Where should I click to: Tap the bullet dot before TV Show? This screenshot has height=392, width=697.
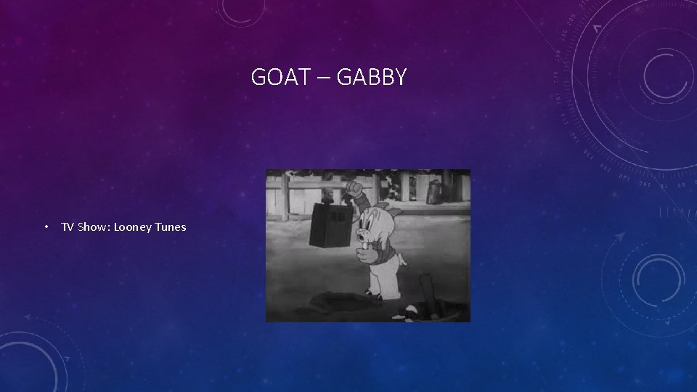(x=45, y=227)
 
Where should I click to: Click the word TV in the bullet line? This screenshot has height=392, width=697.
(x=68, y=227)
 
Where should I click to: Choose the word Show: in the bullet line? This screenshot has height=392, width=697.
(x=94, y=227)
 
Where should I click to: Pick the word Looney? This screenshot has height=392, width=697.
(x=134, y=227)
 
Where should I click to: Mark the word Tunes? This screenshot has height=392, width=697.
(x=171, y=227)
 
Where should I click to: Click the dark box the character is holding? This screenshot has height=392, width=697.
(x=330, y=224)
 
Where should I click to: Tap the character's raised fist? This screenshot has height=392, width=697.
(x=354, y=189)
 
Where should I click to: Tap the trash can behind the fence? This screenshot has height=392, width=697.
(x=434, y=192)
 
